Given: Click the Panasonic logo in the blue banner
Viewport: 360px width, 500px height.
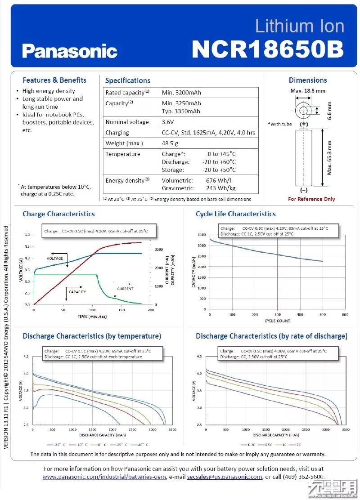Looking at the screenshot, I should point(70,51).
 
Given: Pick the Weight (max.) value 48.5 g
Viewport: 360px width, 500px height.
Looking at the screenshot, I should point(170,143).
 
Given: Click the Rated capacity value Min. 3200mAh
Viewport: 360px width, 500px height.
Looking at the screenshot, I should point(181,93).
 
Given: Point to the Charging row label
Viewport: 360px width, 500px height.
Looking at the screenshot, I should point(117,133).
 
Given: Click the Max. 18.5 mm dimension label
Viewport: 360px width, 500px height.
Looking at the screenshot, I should point(308,90).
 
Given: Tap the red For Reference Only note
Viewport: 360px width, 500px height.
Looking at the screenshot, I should point(311,199).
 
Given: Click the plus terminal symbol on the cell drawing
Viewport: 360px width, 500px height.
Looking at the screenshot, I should point(305,124).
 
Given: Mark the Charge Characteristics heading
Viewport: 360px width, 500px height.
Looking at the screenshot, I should point(58,214).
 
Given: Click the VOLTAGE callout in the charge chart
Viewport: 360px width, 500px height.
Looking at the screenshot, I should point(55,259).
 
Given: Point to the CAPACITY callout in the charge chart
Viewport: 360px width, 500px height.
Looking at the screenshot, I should point(77,292).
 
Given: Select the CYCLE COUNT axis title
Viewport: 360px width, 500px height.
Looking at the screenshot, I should point(277,321).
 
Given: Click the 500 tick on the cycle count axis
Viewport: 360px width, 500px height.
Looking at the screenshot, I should point(322,315).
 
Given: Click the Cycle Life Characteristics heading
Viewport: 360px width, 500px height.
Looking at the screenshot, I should point(235,214).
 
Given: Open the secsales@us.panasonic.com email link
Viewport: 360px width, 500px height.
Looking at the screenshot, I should point(225,477).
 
